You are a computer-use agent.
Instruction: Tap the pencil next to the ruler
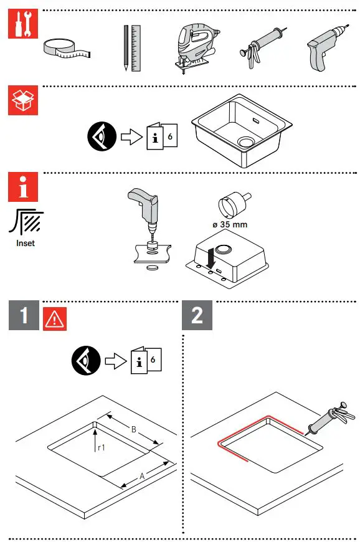click(126, 47)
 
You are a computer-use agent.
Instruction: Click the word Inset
click(26, 243)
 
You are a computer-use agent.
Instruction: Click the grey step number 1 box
click(24, 315)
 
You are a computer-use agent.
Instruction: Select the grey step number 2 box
click(197, 315)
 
